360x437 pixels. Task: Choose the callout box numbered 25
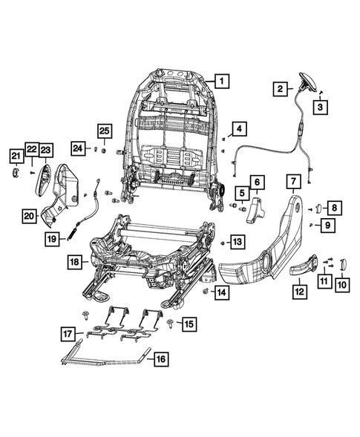(104, 131)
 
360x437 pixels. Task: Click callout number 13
(236, 242)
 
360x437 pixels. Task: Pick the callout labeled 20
(29, 216)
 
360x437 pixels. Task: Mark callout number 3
(321, 108)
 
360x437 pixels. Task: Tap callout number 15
(189, 323)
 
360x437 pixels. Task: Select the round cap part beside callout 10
(342, 263)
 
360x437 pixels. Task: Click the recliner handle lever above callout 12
(304, 266)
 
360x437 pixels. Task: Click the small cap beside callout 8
(315, 208)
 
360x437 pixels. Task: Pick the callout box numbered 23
(46, 151)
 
